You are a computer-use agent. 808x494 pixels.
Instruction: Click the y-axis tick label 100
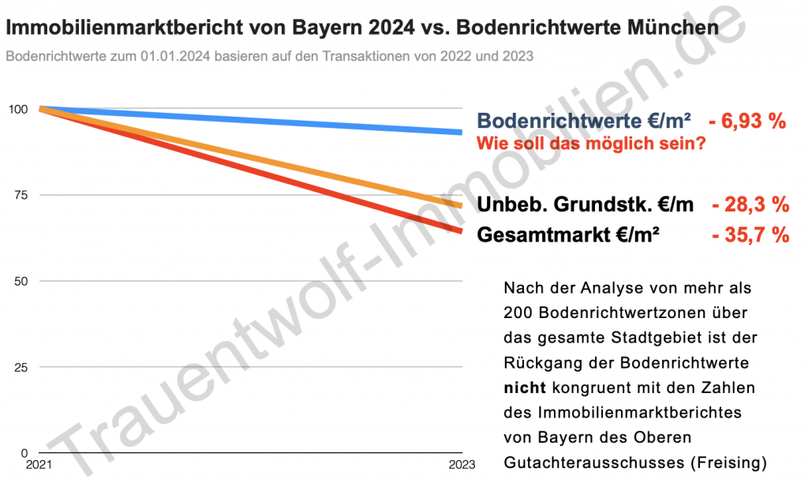18,109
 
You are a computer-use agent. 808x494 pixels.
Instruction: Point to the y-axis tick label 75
21,195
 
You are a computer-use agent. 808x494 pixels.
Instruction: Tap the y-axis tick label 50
21,281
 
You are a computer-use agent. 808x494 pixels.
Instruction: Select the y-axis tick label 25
21,367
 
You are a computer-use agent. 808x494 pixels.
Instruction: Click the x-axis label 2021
39,465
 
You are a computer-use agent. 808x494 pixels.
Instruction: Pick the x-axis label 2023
462,465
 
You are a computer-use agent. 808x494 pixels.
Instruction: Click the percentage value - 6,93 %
747,121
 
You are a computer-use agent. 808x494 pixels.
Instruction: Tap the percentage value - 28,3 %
751,204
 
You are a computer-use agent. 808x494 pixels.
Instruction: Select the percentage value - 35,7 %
751,235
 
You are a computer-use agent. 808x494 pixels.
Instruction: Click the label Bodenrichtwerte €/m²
584,121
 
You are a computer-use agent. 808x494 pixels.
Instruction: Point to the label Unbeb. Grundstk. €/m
585,204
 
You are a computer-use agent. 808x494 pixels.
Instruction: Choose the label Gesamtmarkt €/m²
568,235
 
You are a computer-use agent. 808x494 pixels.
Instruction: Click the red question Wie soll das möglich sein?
591,143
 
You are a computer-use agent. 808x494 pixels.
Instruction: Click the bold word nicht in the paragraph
525,387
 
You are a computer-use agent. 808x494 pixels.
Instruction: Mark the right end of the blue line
462,133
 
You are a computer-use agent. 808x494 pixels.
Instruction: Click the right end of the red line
462,230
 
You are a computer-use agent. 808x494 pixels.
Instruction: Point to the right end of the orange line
462,206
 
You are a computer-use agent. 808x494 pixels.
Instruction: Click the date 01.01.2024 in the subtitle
175,56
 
